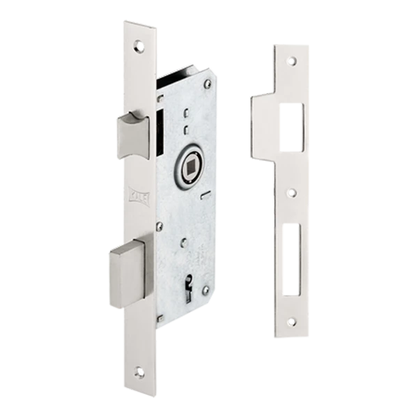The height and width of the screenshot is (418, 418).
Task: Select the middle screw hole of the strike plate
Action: (x=293, y=189)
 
